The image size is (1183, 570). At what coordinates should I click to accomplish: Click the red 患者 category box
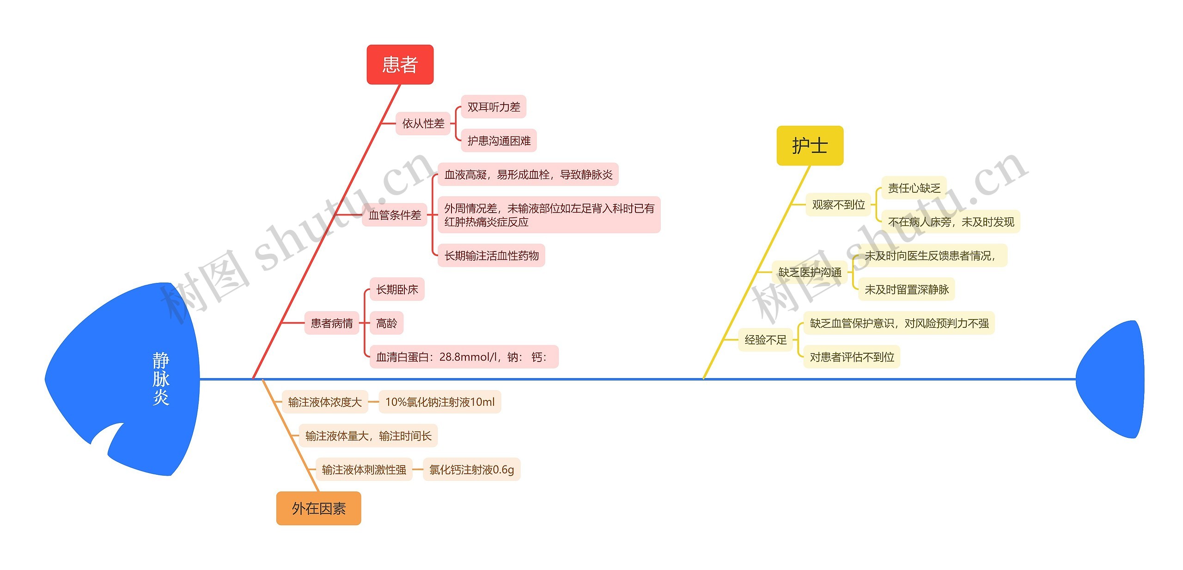(x=400, y=65)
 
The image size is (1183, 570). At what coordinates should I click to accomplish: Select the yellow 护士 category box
(x=810, y=146)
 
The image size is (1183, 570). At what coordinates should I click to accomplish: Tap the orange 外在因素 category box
(x=318, y=509)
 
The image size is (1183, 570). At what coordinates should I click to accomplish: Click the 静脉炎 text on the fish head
(x=161, y=379)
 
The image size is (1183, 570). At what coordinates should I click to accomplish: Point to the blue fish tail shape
(x=1114, y=379)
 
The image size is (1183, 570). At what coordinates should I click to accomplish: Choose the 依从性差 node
(x=423, y=123)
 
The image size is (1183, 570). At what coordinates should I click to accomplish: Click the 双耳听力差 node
(x=494, y=107)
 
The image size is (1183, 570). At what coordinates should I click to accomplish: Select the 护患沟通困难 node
(x=499, y=141)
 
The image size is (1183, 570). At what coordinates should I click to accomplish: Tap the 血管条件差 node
(x=395, y=215)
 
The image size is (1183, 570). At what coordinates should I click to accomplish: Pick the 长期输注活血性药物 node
(x=491, y=256)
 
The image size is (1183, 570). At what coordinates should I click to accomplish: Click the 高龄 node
(x=386, y=323)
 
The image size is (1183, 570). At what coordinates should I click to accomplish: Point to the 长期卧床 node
(x=397, y=289)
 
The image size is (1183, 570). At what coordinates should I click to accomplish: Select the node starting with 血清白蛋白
(x=463, y=357)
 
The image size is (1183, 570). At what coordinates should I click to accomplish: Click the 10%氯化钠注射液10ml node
(x=439, y=402)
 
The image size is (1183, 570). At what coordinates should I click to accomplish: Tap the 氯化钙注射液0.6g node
(x=471, y=470)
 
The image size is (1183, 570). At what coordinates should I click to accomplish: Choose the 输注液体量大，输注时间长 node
(x=368, y=436)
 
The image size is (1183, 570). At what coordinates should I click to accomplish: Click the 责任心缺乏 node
(x=914, y=188)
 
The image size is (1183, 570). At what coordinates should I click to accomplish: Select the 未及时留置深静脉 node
(x=906, y=289)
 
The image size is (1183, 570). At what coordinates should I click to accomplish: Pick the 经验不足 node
(x=765, y=340)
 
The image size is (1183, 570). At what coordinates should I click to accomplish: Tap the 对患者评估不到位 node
(x=852, y=357)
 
